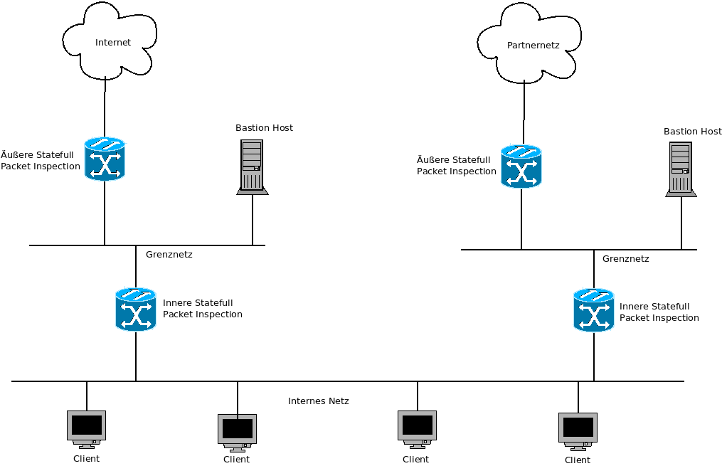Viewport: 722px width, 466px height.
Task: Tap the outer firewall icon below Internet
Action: (105, 159)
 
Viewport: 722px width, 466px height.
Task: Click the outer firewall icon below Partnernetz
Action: (521, 166)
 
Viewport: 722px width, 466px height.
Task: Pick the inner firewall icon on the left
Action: (135, 309)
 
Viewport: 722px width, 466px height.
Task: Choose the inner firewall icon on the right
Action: (593, 310)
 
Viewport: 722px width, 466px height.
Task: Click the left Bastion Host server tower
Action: (253, 166)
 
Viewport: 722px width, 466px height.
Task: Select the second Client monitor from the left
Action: (237, 431)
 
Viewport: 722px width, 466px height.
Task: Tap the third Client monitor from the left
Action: (417, 428)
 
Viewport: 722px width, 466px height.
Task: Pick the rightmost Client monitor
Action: (578, 430)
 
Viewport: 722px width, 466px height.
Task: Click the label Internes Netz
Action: (318, 401)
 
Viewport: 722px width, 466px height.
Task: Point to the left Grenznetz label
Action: (169, 255)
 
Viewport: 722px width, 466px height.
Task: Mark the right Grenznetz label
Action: (625, 259)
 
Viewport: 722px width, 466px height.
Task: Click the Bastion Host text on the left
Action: (264, 128)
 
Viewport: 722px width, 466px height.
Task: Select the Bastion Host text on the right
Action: (692, 132)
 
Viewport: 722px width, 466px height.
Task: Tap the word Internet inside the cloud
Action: (113, 43)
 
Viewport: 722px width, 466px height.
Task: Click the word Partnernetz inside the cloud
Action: (533, 46)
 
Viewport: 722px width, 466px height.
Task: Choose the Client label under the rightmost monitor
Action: (578, 460)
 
